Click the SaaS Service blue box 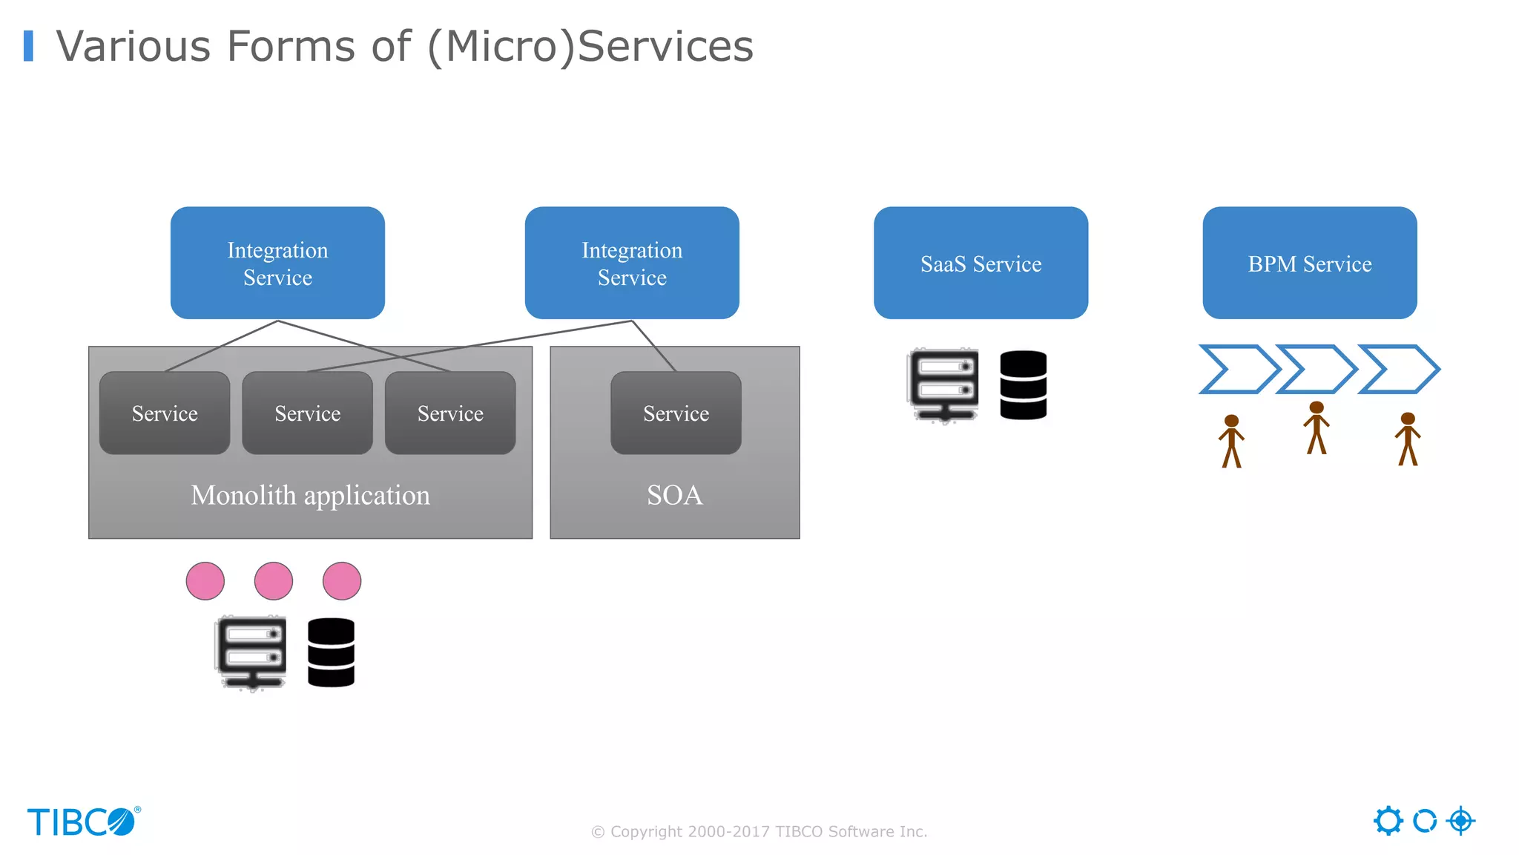[x=981, y=263]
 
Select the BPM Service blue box [x=1309, y=263]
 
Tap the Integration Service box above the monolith [x=277, y=263]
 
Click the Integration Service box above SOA [x=632, y=263]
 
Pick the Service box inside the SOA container [x=676, y=413]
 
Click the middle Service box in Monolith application [x=307, y=413]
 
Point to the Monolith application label [x=310, y=495]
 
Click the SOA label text [x=674, y=495]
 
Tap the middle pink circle [x=273, y=580]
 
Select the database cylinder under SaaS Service [x=1023, y=385]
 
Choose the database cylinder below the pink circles [x=331, y=652]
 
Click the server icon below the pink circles [x=251, y=652]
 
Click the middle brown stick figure [x=1316, y=428]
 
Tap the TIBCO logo [x=83, y=822]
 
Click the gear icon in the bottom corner [x=1388, y=821]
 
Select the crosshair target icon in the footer [x=1460, y=821]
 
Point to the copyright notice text [x=759, y=831]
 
